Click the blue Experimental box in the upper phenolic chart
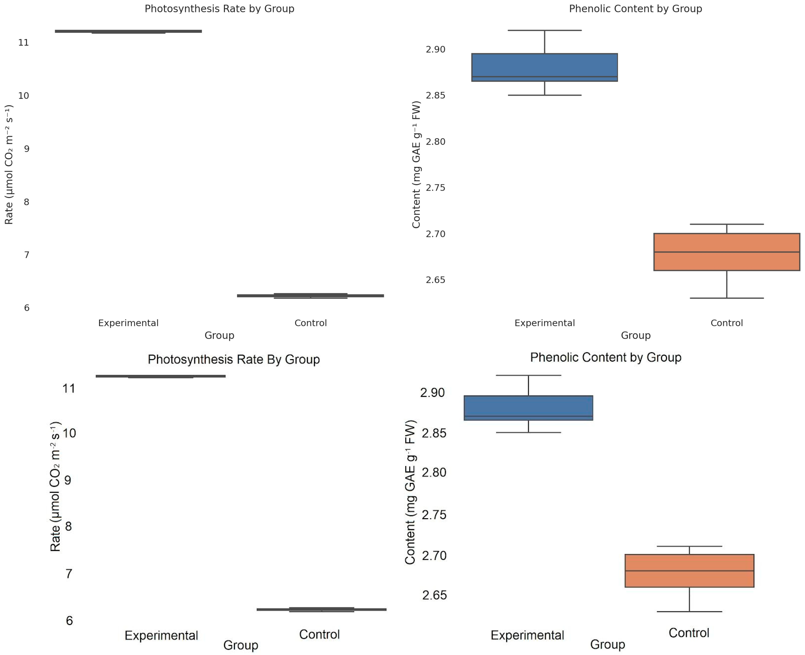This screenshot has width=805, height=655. pyautogui.click(x=544, y=67)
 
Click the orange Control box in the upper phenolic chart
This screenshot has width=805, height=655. pyautogui.click(x=727, y=252)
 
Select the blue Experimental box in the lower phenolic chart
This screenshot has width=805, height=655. pyautogui.click(x=528, y=408)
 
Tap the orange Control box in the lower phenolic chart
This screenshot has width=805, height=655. pyautogui.click(x=689, y=571)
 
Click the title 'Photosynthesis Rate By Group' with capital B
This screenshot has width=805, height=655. pyautogui.click(x=234, y=359)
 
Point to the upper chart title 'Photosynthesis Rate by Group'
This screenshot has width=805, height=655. pyautogui.click(x=219, y=9)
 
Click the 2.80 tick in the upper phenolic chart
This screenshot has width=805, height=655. pyautogui.click(x=435, y=142)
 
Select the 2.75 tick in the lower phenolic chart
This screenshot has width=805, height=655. pyautogui.click(x=434, y=515)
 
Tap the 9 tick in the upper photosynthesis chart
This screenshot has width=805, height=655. pyautogui.click(x=26, y=149)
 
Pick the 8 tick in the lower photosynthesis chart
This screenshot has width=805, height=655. pyautogui.click(x=68, y=526)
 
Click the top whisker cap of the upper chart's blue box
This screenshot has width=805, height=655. pyautogui.click(x=544, y=30)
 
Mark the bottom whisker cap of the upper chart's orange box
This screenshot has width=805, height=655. pyautogui.click(x=727, y=298)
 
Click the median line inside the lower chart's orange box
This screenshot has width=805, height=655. pyautogui.click(x=689, y=571)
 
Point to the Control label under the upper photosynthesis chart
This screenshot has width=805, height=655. pyautogui.click(x=310, y=323)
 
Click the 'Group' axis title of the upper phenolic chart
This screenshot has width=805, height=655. pyautogui.click(x=635, y=335)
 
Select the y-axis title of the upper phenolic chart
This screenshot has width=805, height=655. pyautogui.click(x=416, y=165)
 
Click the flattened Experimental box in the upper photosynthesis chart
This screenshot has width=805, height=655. pyautogui.click(x=128, y=31)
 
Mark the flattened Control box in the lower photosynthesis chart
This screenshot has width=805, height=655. pyautogui.click(x=321, y=609)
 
